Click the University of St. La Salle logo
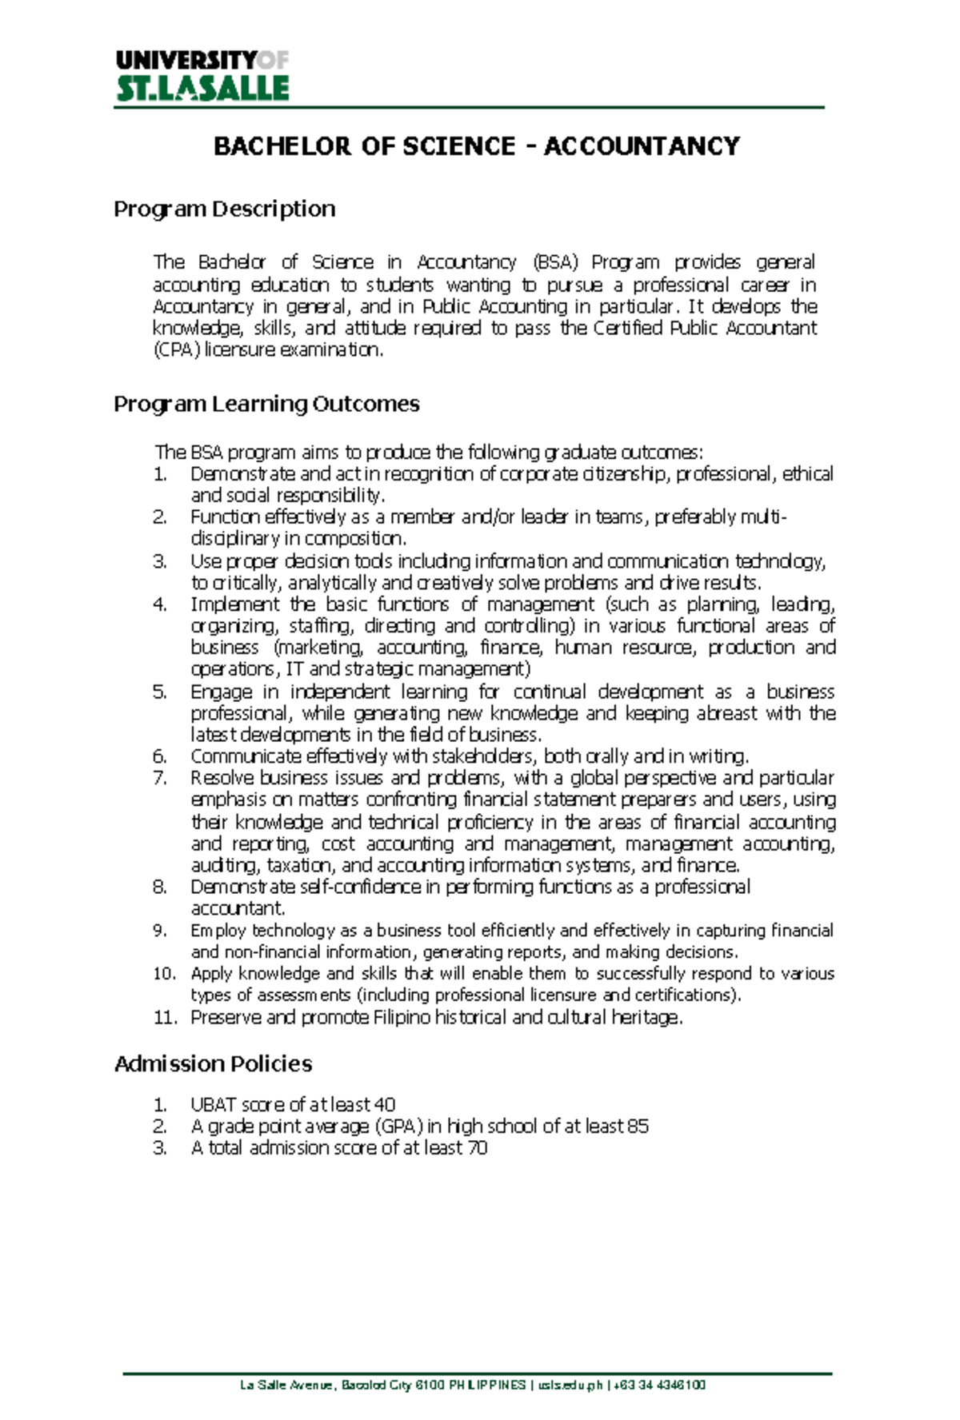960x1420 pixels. click(x=202, y=76)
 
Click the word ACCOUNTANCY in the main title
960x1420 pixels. click(x=642, y=146)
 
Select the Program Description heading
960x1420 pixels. click(x=224, y=209)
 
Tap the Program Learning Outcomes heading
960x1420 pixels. click(x=266, y=404)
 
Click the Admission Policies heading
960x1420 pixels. click(x=213, y=1064)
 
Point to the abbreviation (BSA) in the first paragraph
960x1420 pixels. click(x=554, y=262)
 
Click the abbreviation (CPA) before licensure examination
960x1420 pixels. click(x=175, y=350)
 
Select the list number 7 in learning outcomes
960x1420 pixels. click(x=159, y=779)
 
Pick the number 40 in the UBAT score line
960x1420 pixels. click(x=384, y=1105)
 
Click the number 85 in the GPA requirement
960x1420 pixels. click(x=638, y=1127)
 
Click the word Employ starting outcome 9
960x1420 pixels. click(x=218, y=931)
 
